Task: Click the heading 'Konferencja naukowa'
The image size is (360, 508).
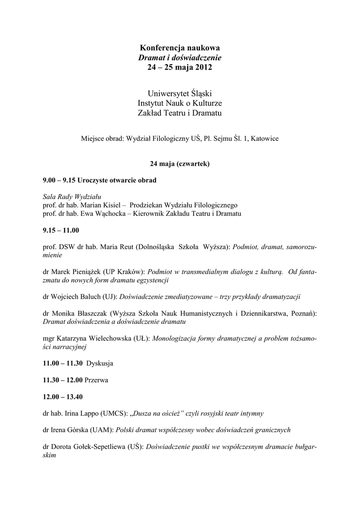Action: [180, 48]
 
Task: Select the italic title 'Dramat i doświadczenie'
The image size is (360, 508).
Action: [180, 58]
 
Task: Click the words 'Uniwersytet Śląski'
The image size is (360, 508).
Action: [180, 93]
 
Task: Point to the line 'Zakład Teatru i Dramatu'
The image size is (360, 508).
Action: [180, 114]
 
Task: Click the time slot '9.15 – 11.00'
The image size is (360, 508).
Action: [61, 230]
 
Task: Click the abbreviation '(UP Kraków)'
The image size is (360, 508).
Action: [125, 272]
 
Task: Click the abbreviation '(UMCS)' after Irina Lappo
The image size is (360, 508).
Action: [114, 413]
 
